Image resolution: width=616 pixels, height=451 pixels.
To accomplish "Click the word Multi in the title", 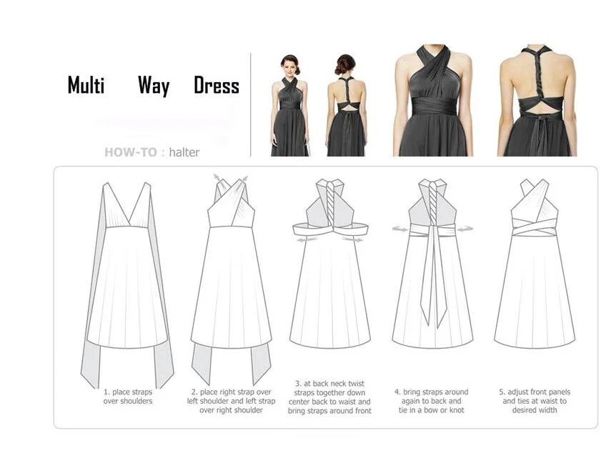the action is pyautogui.click(x=86, y=85).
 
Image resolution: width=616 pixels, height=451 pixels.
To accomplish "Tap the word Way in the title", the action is pyautogui.click(x=154, y=86).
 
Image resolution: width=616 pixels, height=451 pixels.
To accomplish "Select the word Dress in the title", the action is pyautogui.click(x=217, y=85).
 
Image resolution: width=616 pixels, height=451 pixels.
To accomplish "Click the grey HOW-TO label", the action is pyautogui.click(x=131, y=152).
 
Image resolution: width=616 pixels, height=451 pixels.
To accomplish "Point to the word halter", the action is pyautogui.click(x=184, y=152).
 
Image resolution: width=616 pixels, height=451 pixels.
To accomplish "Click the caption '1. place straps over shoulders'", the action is pyautogui.click(x=128, y=397).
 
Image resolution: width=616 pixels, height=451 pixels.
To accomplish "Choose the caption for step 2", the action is pyautogui.click(x=231, y=401).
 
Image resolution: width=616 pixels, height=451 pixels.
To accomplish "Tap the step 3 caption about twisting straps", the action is pyautogui.click(x=329, y=397).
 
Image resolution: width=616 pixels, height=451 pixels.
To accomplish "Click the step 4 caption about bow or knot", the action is pyautogui.click(x=432, y=401).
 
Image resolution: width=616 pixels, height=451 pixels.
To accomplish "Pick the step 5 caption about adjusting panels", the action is pyautogui.click(x=535, y=401).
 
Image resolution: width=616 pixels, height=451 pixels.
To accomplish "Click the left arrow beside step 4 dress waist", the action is pyautogui.click(x=400, y=229).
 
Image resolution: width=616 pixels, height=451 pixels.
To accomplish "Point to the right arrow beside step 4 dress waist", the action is pyautogui.click(x=465, y=229).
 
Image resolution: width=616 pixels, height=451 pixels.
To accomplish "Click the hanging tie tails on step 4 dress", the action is pyautogui.click(x=433, y=275).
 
